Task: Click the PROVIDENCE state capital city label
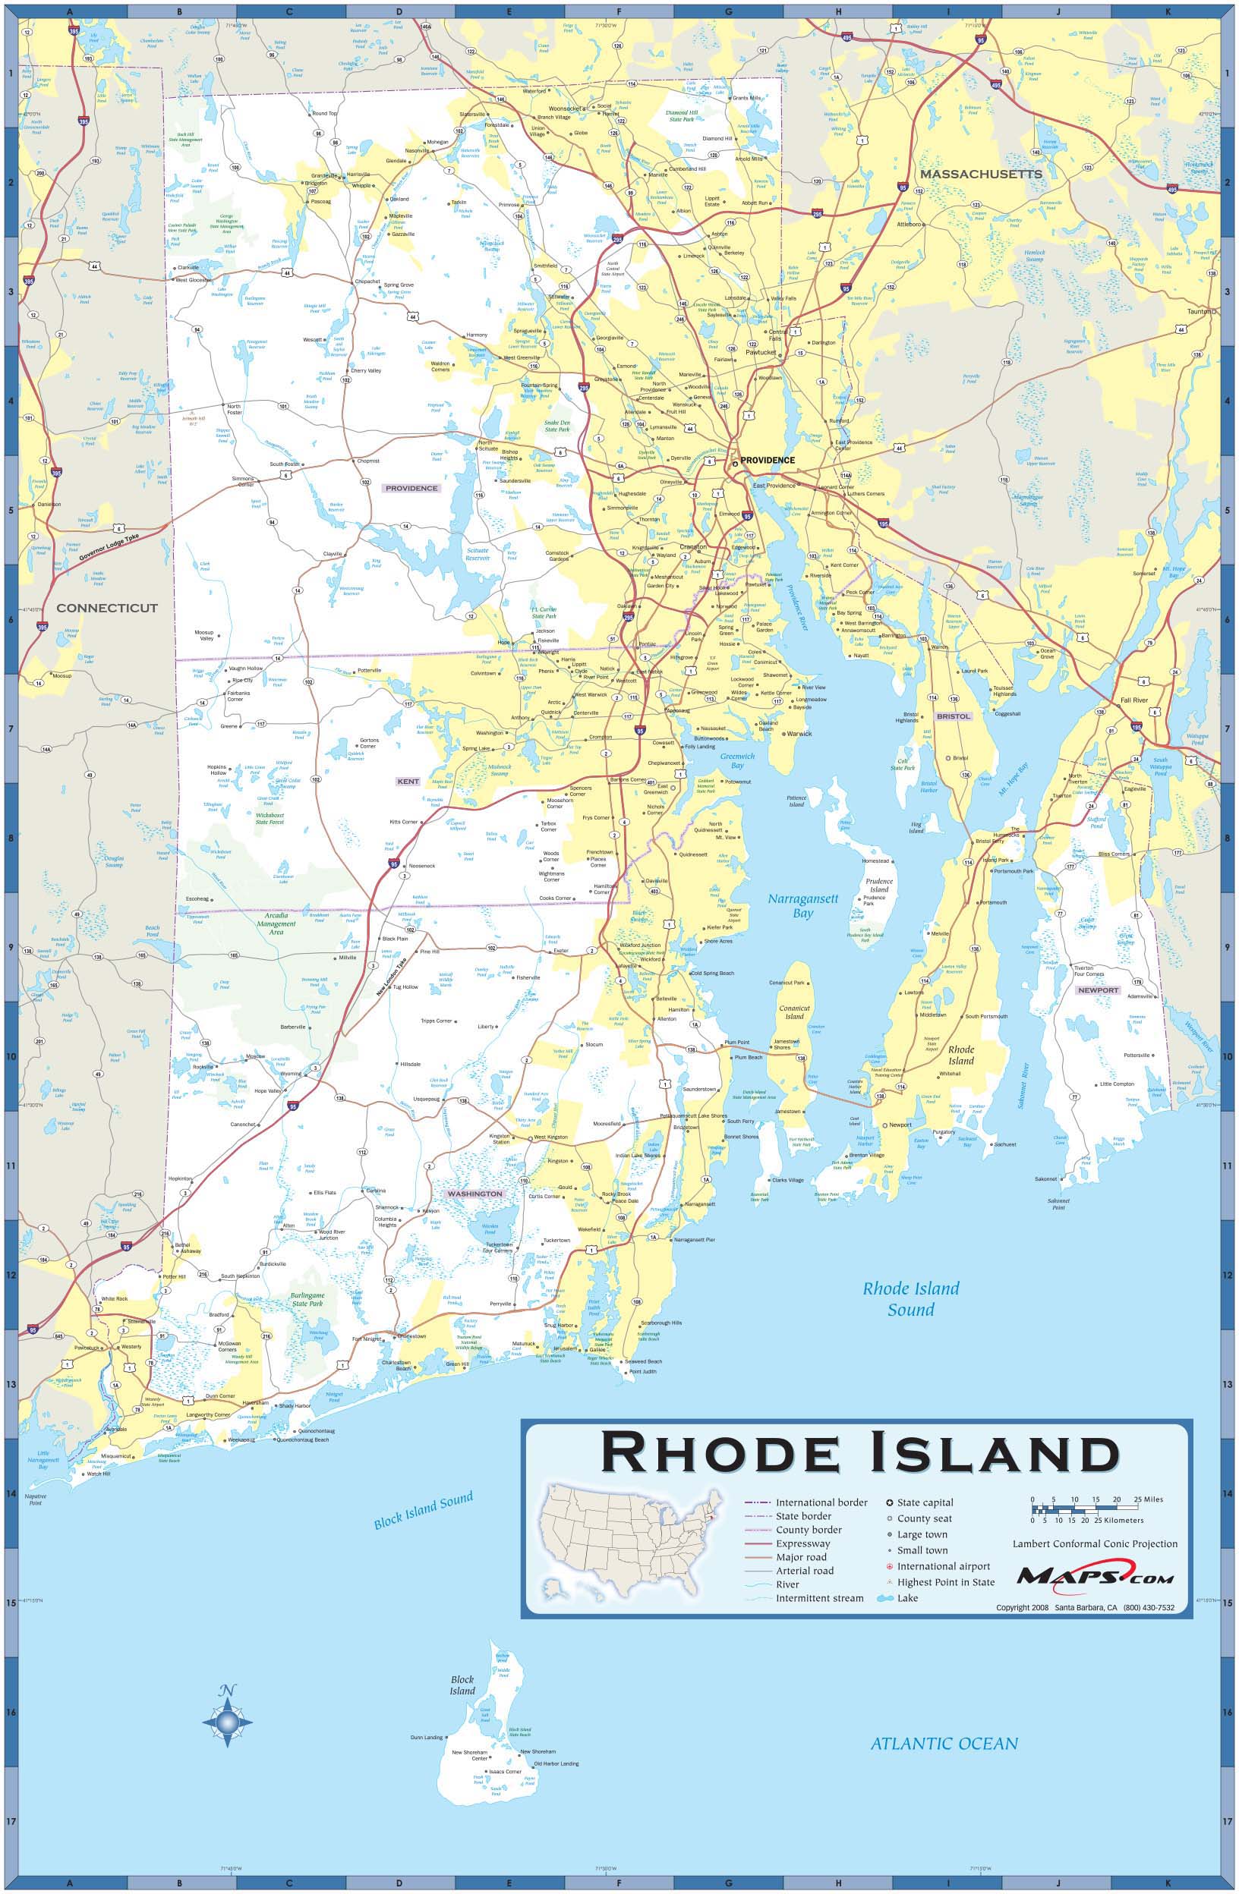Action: coord(767,460)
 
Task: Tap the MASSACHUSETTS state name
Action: coord(980,174)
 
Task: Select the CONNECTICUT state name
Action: coord(107,608)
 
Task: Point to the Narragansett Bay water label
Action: coord(802,905)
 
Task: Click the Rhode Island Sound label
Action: coord(911,1299)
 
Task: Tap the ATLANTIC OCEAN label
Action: coord(944,1744)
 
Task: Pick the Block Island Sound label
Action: coord(424,1509)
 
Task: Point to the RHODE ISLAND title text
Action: coord(859,1453)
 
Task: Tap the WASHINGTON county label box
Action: coord(474,1194)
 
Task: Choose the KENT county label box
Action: coord(408,782)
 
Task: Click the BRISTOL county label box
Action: coord(953,716)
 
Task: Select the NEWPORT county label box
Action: coord(1098,991)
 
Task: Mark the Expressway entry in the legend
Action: coord(802,1544)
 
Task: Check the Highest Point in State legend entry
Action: coord(945,1582)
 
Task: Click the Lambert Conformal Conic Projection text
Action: coord(1094,1544)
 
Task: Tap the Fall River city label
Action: coord(1136,700)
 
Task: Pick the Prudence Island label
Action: coord(879,886)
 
